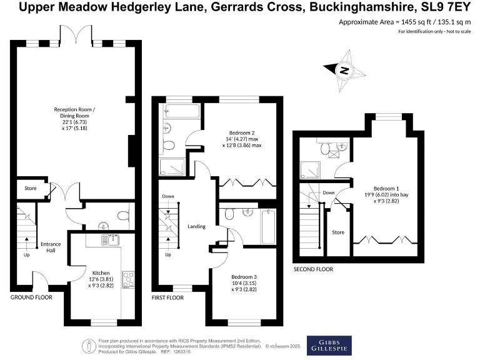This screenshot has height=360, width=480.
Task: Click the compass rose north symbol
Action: pyautogui.click(x=343, y=71)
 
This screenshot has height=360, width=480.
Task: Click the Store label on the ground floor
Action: pyautogui.click(x=31, y=188)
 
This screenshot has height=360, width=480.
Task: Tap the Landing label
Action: pyautogui.click(x=197, y=227)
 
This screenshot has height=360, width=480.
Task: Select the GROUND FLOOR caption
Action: pyautogui.click(x=31, y=297)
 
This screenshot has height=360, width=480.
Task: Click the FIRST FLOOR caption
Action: pyautogui.click(x=167, y=298)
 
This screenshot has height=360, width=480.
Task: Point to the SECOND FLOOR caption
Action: pyautogui.click(x=313, y=269)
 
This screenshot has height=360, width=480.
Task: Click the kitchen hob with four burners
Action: pyautogui.click(x=129, y=279)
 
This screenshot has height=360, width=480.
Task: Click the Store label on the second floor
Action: pyautogui.click(x=338, y=232)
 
